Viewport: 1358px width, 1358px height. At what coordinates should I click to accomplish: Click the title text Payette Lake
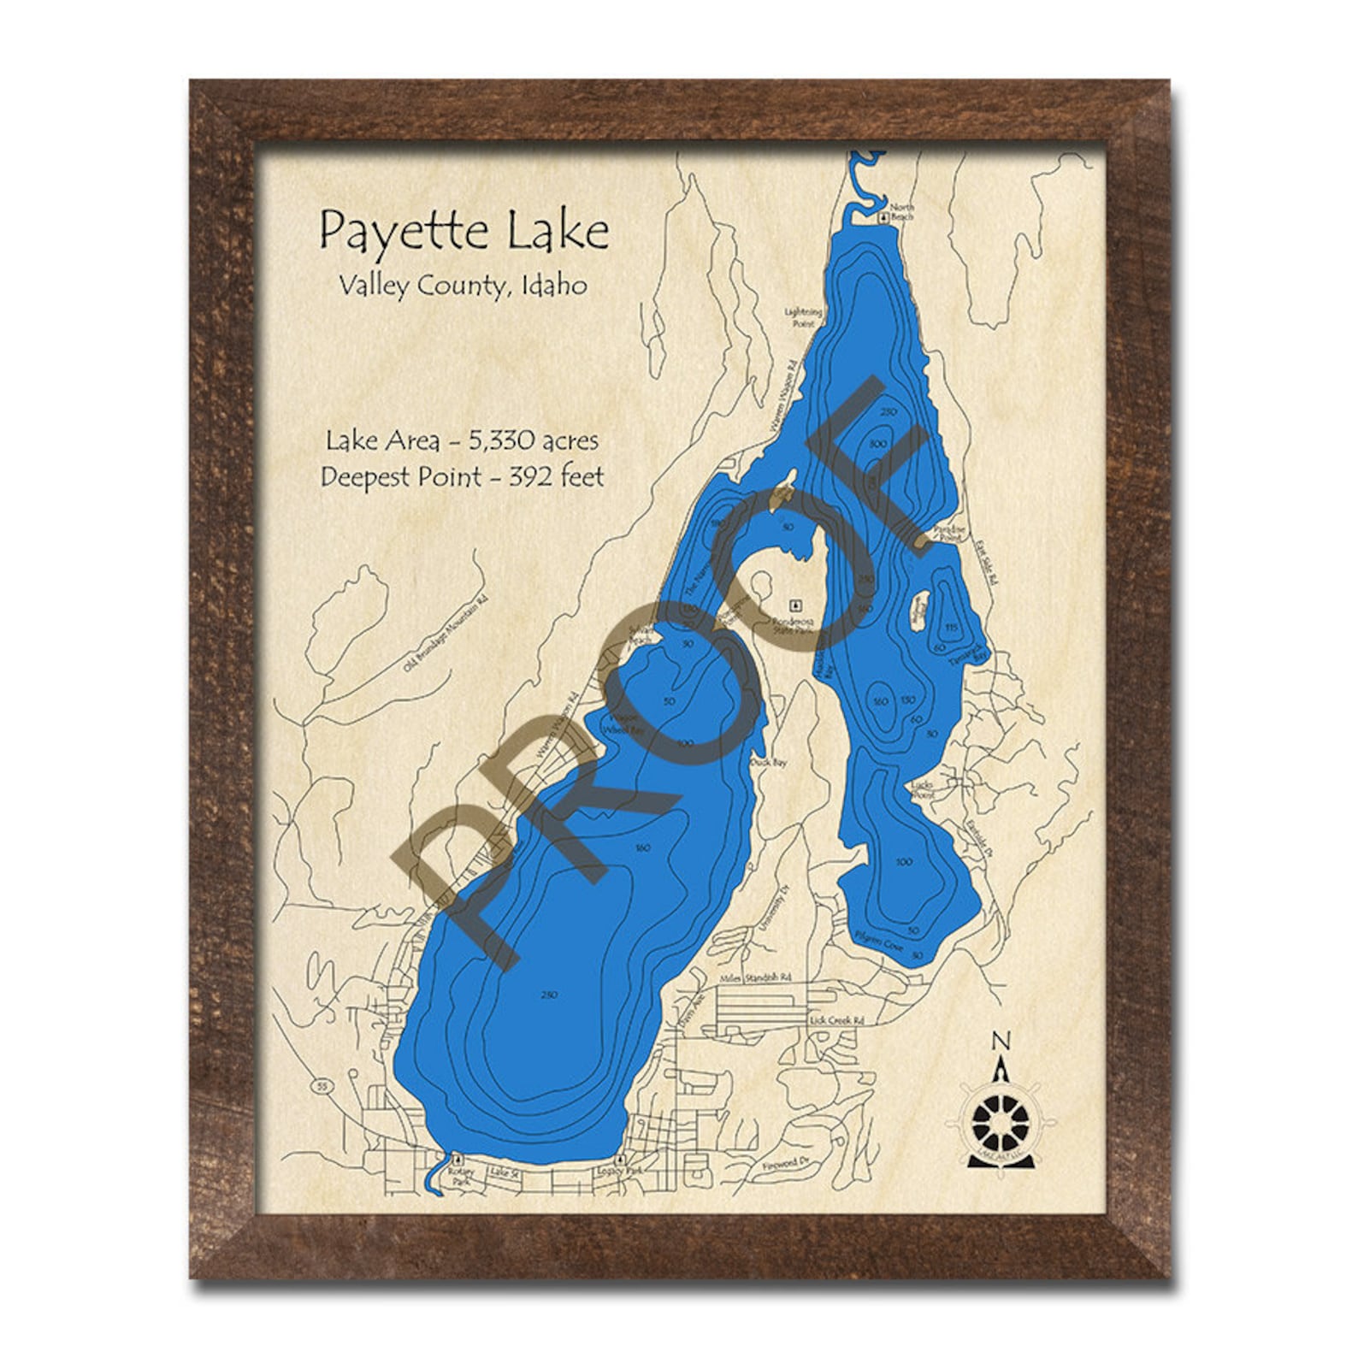pyautogui.click(x=463, y=232)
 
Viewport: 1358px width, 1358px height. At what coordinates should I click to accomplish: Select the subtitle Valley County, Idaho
pyautogui.click(x=463, y=286)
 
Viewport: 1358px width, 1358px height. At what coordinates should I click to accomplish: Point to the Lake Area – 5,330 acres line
pyautogui.click(x=462, y=440)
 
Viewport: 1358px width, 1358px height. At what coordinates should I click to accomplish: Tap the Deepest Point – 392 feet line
pyautogui.click(x=462, y=476)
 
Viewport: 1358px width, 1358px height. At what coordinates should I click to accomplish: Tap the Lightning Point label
pyautogui.click(x=803, y=318)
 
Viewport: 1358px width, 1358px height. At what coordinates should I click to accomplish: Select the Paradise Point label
pyautogui.click(x=949, y=533)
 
